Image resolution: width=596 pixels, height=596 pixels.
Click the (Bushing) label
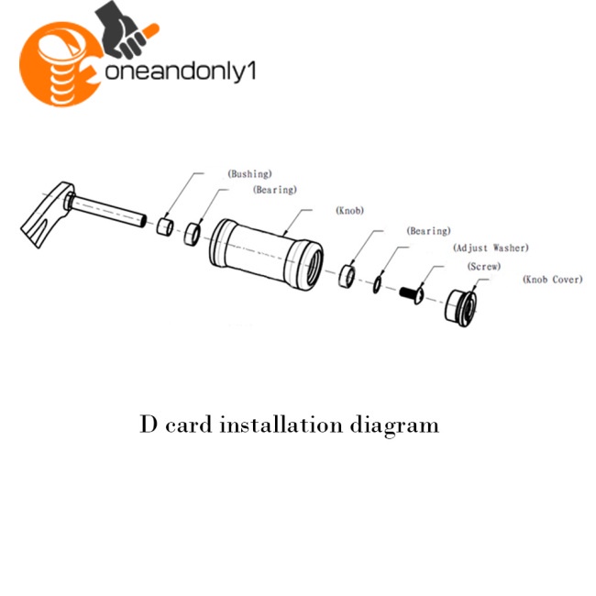click(x=249, y=174)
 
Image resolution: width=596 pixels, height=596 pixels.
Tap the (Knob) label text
click(x=349, y=210)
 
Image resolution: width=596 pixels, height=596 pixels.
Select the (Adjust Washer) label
click(x=491, y=248)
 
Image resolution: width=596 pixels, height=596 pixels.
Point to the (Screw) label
click(x=484, y=266)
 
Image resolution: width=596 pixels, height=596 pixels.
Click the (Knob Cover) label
click(x=553, y=280)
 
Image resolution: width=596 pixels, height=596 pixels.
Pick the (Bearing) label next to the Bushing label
click(x=275, y=190)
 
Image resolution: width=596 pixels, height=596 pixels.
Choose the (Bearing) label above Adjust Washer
click(x=428, y=231)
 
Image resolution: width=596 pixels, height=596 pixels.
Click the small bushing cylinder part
click(x=165, y=226)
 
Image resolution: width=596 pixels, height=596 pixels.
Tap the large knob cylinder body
click(x=266, y=253)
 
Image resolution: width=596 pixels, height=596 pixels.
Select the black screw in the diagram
click(x=412, y=293)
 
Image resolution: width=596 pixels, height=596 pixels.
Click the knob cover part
click(x=460, y=308)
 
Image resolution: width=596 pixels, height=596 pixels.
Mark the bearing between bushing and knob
click(x=192, y=235)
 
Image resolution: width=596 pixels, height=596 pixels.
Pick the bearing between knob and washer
click(x=347, y=276)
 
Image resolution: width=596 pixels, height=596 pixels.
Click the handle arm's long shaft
click(x=108, y=211)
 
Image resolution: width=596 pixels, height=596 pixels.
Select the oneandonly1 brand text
click(x=180, y=71)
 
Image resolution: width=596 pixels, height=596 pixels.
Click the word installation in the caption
click(x=281, y=425)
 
